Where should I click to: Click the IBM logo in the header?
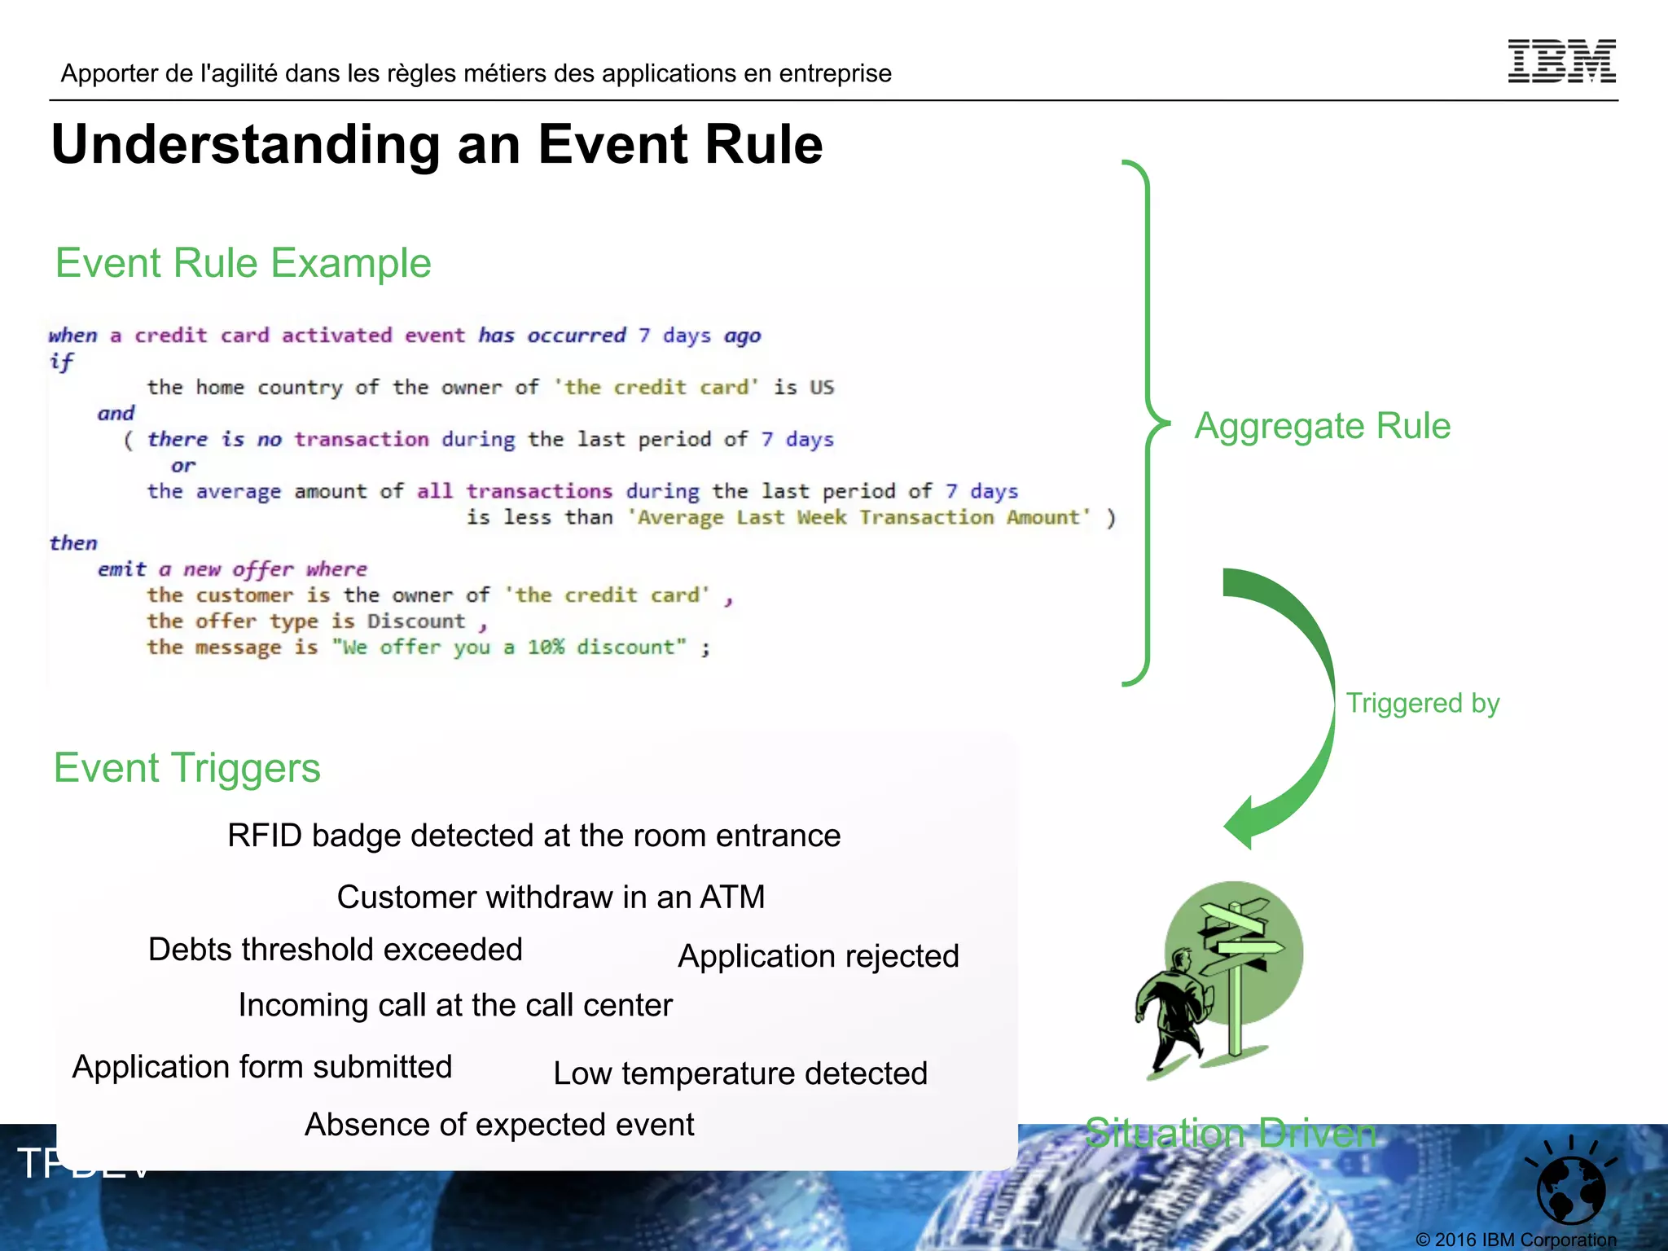(x=1561, y=61)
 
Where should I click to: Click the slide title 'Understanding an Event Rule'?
(x=437, y=144)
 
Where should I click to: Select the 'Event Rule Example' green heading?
(x=243, y=263)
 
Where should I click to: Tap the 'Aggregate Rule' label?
(x=1322, y=426)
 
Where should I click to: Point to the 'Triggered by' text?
(x=1422, y=703)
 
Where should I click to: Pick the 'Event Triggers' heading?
(x=187, y=768)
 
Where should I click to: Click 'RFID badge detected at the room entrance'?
(x=533, y=836)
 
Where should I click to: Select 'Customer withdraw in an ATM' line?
(x=551, y=897)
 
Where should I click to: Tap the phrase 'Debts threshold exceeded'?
(x=335, y=950)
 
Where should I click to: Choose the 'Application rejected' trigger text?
(x=818, y=956)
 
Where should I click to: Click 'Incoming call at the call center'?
(x=455, y=1005)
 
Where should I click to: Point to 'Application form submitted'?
(x=262, y=1067)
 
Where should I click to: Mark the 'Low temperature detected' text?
(x=740, y=1073)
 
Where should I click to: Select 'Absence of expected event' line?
(x=499, y=1125)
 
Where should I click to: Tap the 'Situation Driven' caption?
(x=1230, y=1133)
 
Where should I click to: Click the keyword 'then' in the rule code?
(x=73, y=543)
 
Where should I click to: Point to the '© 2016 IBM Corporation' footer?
(x=1515, y=1240)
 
